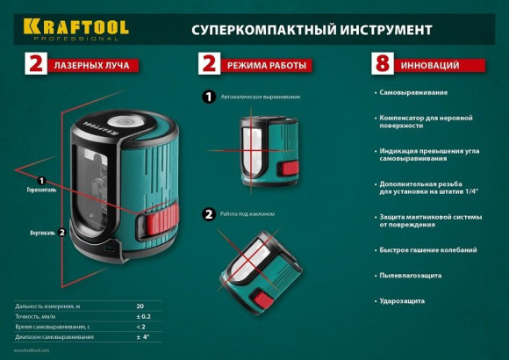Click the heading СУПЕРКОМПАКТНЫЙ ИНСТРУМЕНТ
(312, 29)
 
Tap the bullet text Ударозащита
(403, 300)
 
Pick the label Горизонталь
(39, 190)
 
